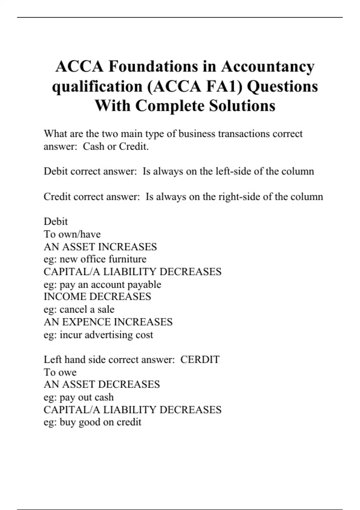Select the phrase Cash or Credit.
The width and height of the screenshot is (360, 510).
click(116, 146)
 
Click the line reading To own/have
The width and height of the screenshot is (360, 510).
click(72, 234)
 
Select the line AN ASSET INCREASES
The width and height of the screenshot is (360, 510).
click(100, 247)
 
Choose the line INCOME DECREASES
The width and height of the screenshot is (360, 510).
click(97, 296)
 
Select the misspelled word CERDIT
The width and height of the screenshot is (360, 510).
click(200, 359)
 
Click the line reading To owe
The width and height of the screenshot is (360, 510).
click(60, 372)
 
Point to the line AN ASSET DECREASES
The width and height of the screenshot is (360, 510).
click(102, 384)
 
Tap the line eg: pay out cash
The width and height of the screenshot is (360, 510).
click(79, 397)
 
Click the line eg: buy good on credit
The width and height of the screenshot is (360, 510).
click(92, 422)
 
